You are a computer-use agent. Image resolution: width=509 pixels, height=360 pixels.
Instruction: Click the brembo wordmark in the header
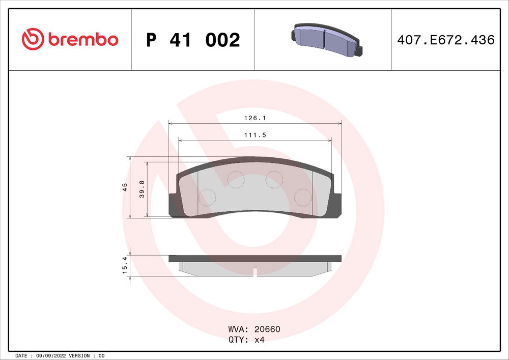tap(83, 39)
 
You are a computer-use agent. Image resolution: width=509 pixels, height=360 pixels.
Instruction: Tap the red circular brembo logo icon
tap(33, 39)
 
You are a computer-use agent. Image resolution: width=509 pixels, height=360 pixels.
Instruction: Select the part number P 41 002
tap(192, 40)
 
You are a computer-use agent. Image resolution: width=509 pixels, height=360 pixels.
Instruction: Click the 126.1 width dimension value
tap(254, 118)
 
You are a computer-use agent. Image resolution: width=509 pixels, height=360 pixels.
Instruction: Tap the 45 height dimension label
tap(125, 187)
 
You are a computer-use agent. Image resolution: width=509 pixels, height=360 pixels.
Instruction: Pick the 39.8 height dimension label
tap(142, 189)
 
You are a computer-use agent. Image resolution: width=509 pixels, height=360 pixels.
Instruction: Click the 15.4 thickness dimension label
tap(125, 266)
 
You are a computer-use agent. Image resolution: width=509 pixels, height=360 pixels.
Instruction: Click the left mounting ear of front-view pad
tap(173, 206)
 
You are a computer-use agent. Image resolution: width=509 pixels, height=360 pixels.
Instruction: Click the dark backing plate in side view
tap(254, 258)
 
